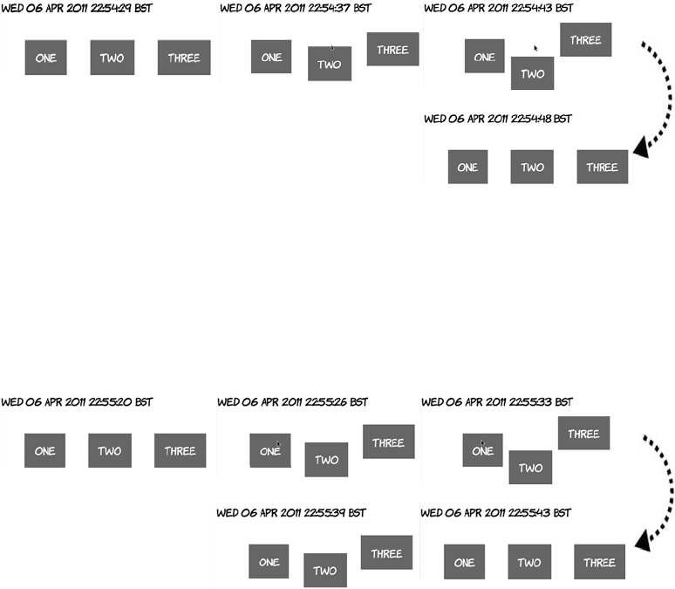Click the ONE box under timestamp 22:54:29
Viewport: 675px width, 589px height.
pos(45,58)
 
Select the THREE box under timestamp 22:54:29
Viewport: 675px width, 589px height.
pos(184,58)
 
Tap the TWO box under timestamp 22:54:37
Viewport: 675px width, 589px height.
pos(329,65)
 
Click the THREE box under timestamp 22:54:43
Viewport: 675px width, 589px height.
pos(585,40)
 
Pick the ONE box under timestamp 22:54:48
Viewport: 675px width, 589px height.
pos(467,167)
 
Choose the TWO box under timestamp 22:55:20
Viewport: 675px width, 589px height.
pos(109,451)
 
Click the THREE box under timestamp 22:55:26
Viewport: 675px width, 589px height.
pos(388,442)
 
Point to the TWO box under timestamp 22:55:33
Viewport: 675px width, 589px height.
pos(530,468)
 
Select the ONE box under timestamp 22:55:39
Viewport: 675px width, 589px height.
pos(269,562)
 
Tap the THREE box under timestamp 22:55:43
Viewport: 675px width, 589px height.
pos(600,563)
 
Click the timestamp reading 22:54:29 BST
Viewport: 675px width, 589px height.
pos(76,9)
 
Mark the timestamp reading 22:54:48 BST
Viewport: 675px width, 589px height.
pos(497,119)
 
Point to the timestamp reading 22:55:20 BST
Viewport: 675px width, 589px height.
pos(77,402)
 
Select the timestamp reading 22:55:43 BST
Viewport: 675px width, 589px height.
pos(496,513)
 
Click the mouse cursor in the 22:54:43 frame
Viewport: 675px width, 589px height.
pos(535,49)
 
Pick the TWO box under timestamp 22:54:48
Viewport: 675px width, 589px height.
pos(532,167)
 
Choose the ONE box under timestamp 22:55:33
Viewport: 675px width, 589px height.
pos(482,450)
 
